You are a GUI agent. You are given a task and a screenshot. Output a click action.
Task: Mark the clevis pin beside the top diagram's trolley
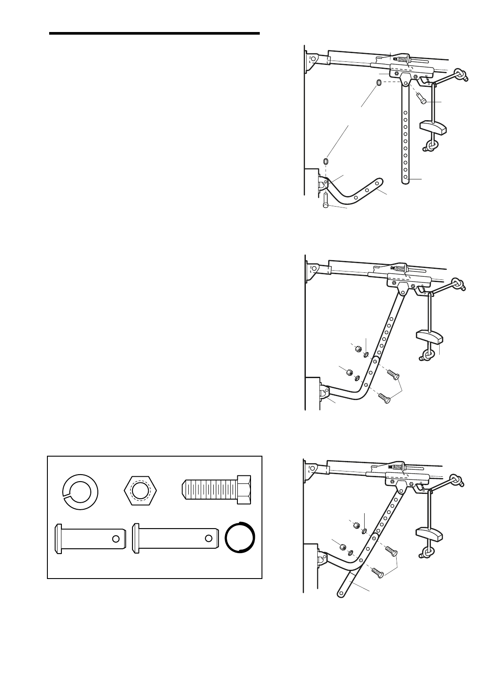(422, 97)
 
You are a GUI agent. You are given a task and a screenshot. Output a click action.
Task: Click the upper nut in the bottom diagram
(358, 526)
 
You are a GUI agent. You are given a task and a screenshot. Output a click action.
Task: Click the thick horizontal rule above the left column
(154, 33)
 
